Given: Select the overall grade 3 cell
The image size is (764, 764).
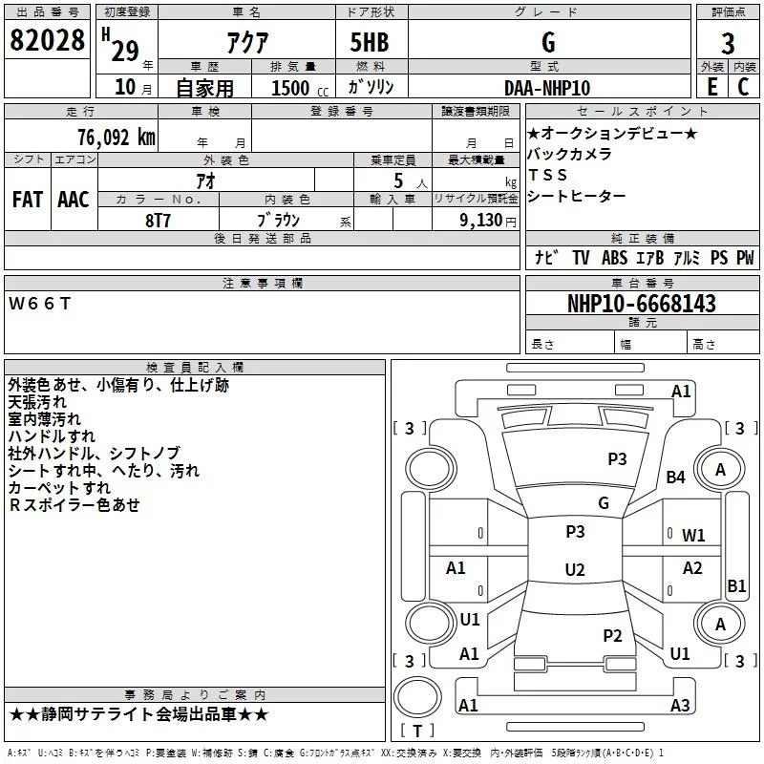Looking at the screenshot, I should click(728, 43).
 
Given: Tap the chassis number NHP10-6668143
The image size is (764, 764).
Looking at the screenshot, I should click(641, 304).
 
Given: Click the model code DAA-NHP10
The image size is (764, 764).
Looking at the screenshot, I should click(547, 88).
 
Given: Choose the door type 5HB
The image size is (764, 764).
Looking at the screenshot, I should click(369, 43).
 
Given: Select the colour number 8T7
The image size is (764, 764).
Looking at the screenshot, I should click(159, 219).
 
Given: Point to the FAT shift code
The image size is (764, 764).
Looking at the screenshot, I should click(27, 200).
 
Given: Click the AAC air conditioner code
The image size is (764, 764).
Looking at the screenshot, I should click(73, 200).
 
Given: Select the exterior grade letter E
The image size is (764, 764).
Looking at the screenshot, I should click(711, 88).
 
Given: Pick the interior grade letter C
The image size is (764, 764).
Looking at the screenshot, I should click(743, 88).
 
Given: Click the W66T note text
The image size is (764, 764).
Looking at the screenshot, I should click(39, 304).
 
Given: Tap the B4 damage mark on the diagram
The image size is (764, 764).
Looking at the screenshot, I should click(676, 477).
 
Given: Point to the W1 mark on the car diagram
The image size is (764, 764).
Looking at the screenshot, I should click(693, 536).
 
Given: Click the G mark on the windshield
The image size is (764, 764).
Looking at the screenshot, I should click(604, 503).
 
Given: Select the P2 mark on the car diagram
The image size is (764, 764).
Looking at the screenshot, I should click(613, 636).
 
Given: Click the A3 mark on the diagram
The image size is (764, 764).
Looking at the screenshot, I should click(680, 706).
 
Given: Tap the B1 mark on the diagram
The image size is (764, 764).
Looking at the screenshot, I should click(736, 586).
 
